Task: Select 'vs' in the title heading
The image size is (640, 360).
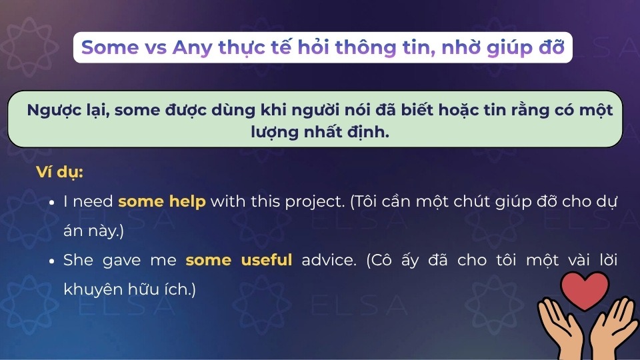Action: click(x=151, y=48)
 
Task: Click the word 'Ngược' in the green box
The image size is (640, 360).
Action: click(x=51, y=110)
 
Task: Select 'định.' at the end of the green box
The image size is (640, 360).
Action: click(x=370, y=132)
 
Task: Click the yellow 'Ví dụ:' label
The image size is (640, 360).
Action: click(x=59, y=172)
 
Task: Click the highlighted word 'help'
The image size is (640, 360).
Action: click(x=187, y=202)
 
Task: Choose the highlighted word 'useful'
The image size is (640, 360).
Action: click(x=267, y=260)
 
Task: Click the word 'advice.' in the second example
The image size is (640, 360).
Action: click(x=329, y=260)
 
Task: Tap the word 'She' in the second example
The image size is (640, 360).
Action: click(x=77, y=260)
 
